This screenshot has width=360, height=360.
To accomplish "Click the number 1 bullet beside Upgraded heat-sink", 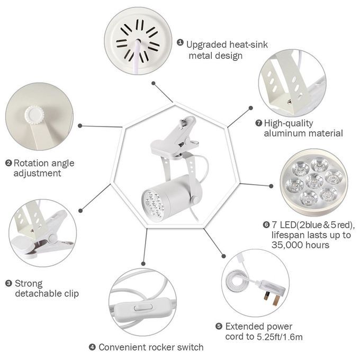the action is click(180, 42).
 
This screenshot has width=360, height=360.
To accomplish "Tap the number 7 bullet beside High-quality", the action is click(258, 123).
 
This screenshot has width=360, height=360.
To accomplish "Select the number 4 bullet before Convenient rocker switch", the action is click(92, 347).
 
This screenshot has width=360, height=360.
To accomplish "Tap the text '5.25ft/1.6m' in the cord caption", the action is click(280, 337).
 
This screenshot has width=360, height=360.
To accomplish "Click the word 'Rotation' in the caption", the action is click(31, 163).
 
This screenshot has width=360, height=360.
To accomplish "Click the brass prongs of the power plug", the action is click(272, 298).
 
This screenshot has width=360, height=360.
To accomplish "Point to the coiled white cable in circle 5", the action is click(237, 281).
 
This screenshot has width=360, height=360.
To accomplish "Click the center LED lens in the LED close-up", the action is click(314, 180).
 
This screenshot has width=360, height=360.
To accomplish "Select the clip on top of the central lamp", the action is click(175, 138).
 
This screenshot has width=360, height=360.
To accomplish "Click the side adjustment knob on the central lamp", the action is click(195, 199).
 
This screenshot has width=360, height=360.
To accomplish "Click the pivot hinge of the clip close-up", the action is click(52, 239).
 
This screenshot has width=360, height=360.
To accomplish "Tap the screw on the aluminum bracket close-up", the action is click(290, 101).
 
